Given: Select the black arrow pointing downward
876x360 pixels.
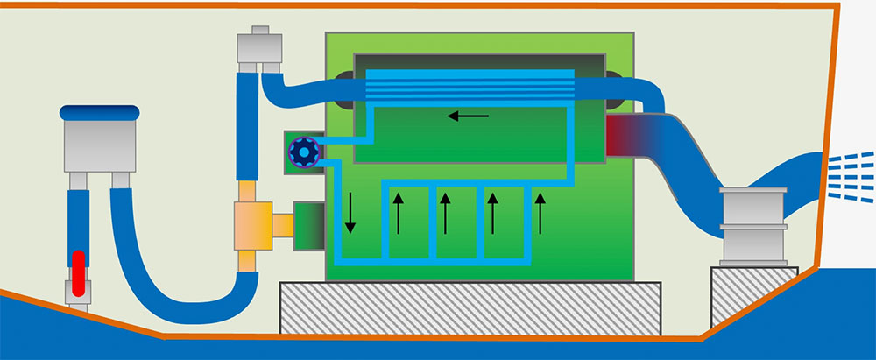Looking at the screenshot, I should coord(350,213).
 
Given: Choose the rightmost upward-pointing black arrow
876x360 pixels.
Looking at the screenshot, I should coord(540,214).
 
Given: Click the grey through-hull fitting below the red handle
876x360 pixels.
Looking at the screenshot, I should coord(78,295).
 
